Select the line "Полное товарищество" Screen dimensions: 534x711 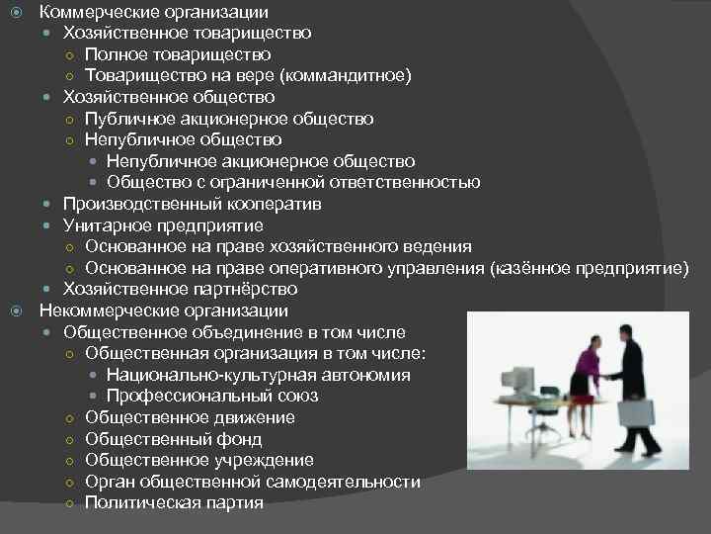tap(178, 54)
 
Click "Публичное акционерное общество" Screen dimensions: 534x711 tap(229, 119)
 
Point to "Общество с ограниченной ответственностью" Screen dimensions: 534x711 tap(293, 182)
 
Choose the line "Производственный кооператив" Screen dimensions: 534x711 tap(193, 204)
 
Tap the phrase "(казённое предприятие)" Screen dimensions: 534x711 tap(589, 268)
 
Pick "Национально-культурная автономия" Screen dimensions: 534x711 tap(259, 375)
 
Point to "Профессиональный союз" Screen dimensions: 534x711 tap(212, 396)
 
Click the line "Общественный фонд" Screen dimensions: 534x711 tap(174, 439)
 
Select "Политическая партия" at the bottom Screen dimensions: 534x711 tap(175, 502)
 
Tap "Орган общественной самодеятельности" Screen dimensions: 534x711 tap(253, 482)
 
